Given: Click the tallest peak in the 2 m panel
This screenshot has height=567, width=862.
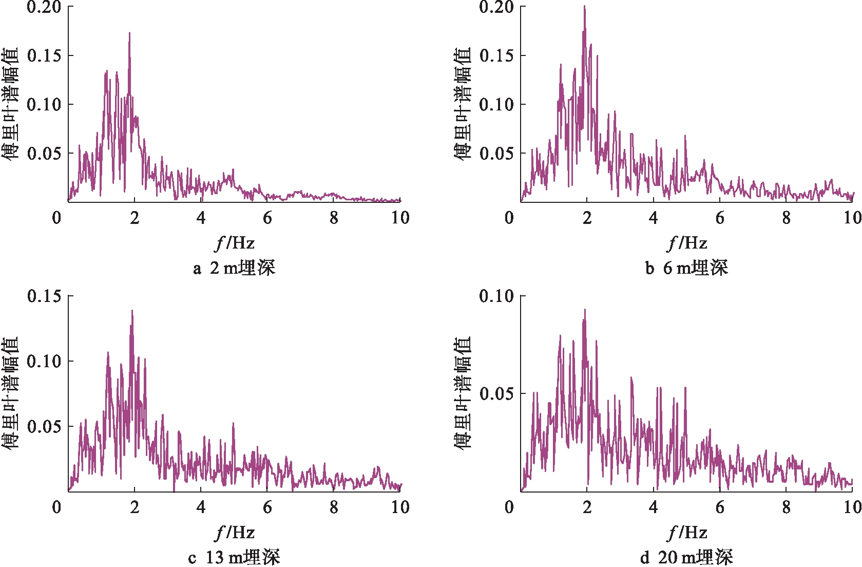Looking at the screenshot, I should [x=129, y=33].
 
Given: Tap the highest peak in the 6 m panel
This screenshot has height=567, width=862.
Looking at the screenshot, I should [x=584, y=7].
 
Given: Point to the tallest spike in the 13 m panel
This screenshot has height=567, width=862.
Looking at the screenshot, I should [x=132, y=311].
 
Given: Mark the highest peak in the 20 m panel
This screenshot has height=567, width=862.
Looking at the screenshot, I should [x=584, y=310].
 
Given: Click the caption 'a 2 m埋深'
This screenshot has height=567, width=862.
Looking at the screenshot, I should [x=234, y=268].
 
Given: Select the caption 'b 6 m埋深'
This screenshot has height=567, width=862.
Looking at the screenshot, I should [x=686, y=268].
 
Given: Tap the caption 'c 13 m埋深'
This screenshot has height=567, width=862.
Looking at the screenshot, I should [x=234, y=557].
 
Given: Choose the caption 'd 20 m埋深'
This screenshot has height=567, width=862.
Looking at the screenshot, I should [x=686, y=557].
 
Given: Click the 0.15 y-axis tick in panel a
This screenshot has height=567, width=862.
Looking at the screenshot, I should [x=44, y=55].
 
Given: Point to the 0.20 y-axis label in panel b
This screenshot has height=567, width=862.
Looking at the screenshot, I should [x=496, y=7].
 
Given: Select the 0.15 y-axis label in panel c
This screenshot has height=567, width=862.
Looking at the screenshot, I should [x=44, y=296].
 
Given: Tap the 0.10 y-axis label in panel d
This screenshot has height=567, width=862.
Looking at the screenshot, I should [x=496, y=296].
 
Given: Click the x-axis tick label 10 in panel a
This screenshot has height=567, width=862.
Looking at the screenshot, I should [x=400, y=218].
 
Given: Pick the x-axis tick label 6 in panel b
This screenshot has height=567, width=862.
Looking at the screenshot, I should [x=720, y=218].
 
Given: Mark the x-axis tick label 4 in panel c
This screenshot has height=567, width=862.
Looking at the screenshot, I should [x=201, y=507].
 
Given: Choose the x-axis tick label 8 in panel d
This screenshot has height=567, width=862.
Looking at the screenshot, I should [x=786, y=507].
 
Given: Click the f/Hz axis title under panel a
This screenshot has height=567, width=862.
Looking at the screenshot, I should [x=235, y=243].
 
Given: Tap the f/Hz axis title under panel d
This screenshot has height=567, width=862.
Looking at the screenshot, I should [x=687, y=533].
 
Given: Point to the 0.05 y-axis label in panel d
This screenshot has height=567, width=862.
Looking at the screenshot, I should [x=496, y=394].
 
